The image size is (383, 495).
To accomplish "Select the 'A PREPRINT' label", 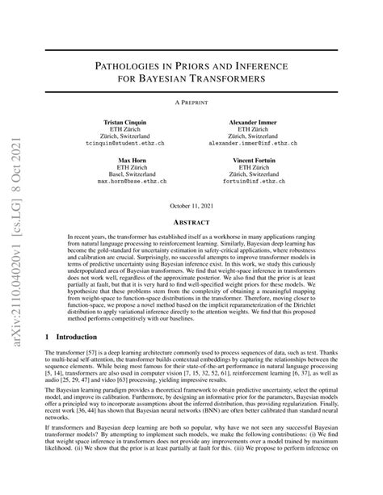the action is pyautogui.click(x=191, y=103).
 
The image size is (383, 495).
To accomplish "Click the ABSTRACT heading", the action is pyautogui.click(x=191, y=221).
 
